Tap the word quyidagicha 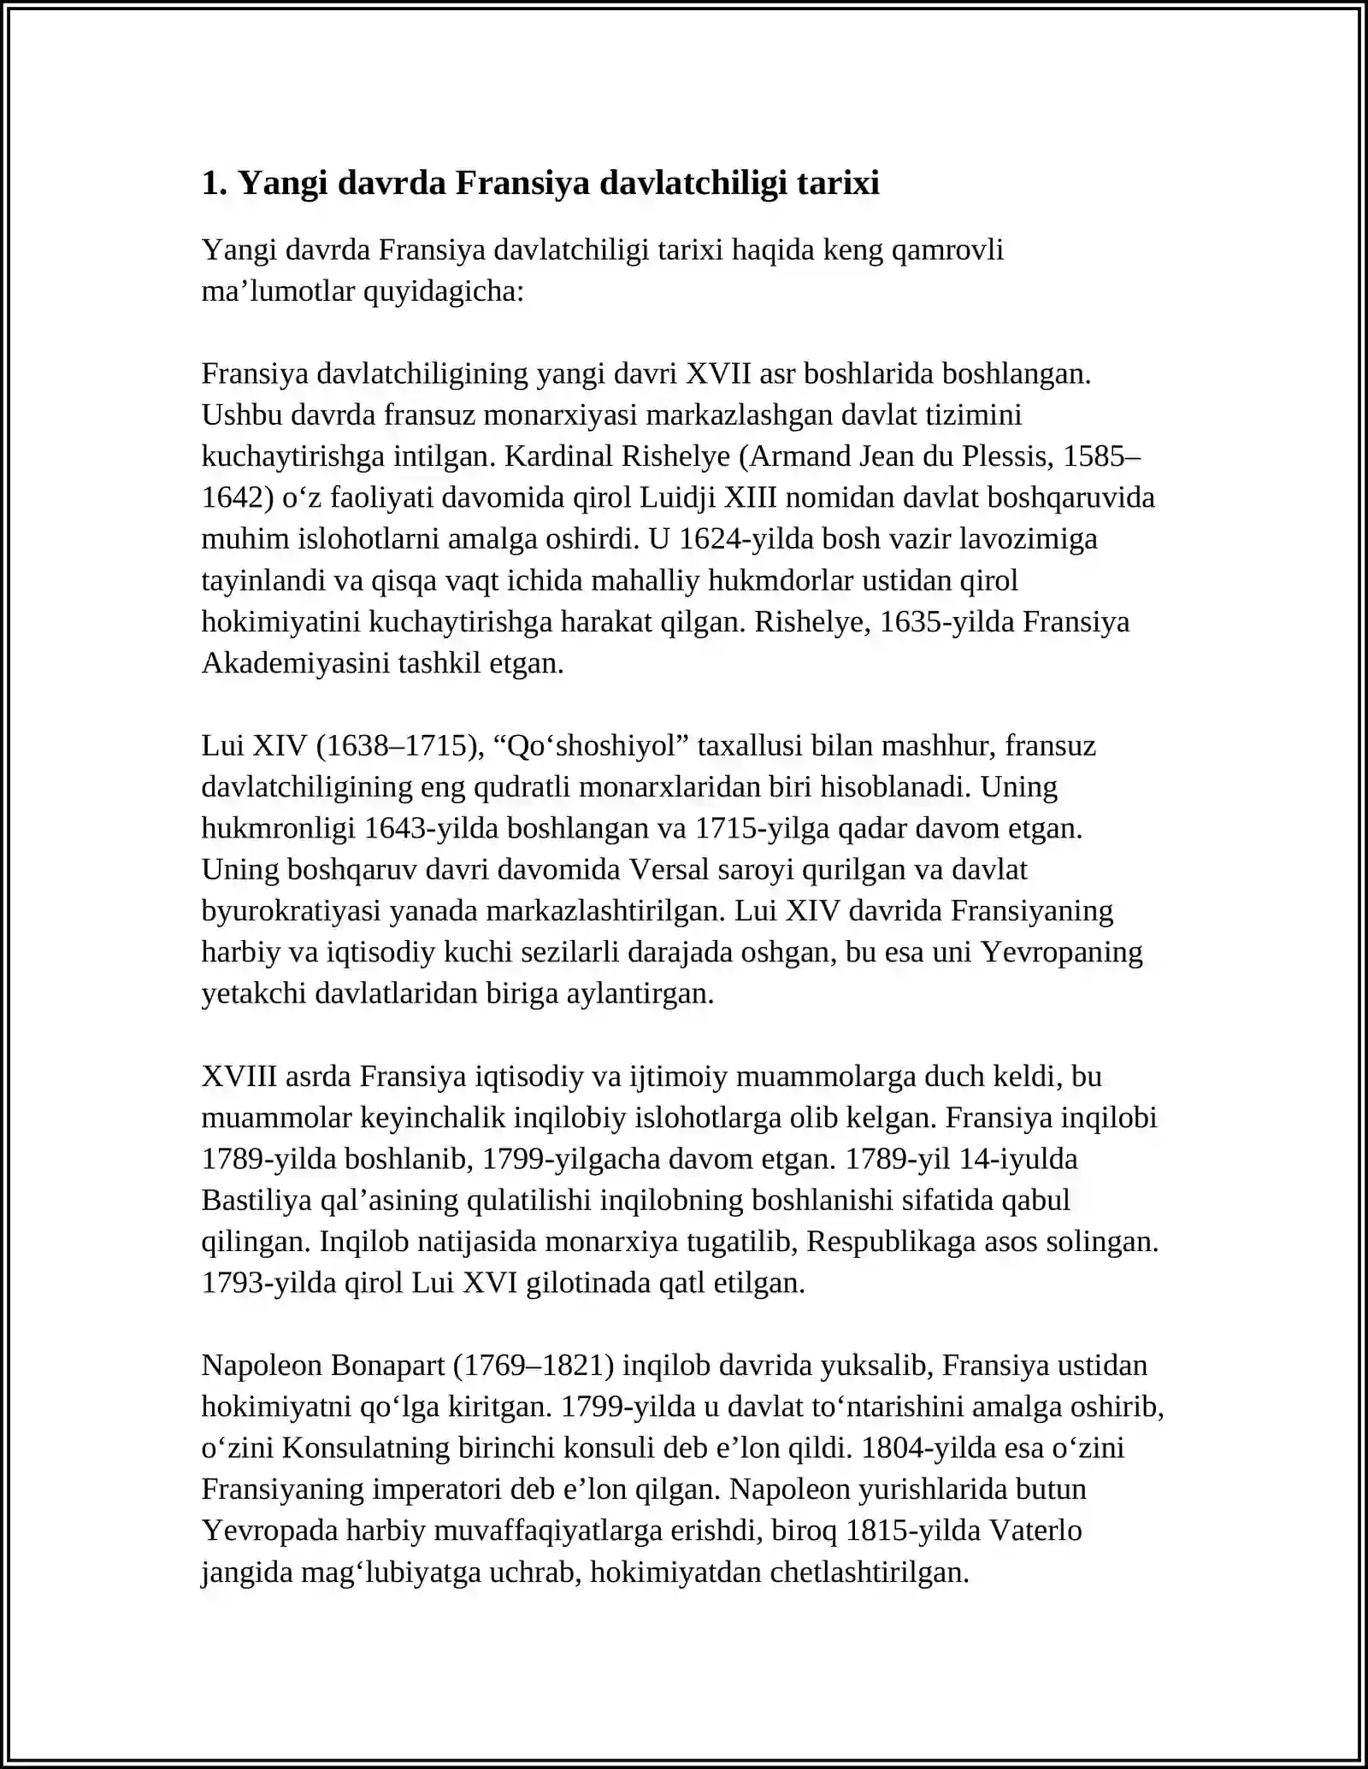tap(444, 291)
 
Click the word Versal tap(669, 869)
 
